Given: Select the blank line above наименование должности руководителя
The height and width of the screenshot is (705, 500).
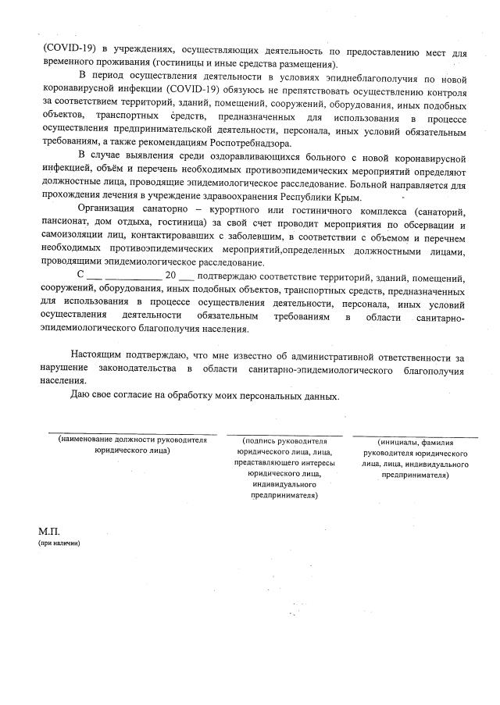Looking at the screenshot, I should [132, 433].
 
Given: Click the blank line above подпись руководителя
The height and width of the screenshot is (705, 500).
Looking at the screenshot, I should [284, 435].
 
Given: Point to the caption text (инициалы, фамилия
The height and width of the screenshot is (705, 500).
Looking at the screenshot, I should [416, 443].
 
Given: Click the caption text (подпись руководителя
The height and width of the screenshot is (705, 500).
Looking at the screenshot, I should [284, 441].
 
